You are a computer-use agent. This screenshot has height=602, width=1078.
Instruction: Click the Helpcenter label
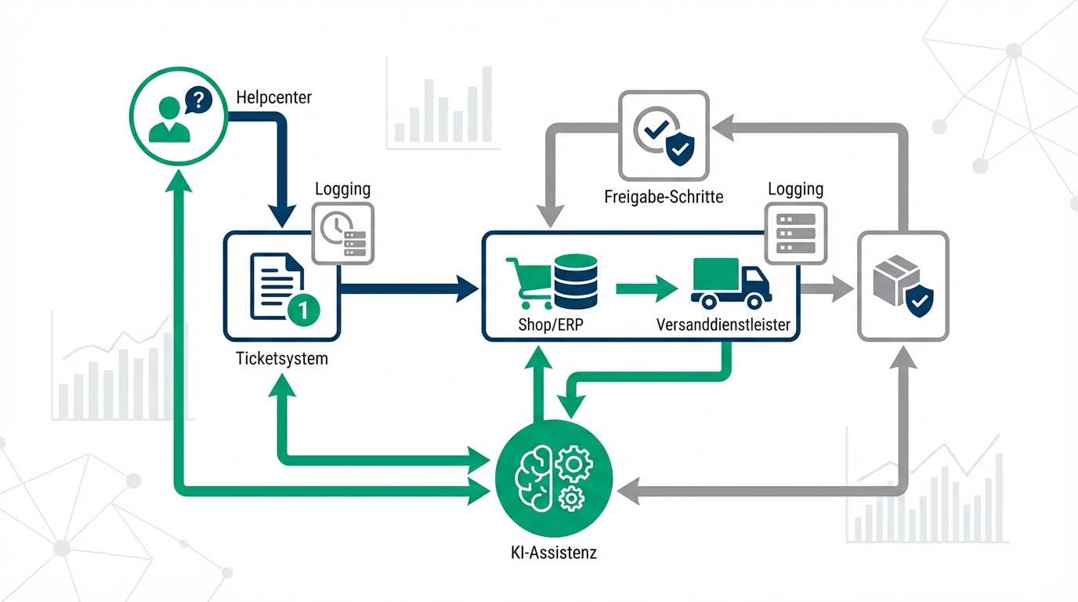273,98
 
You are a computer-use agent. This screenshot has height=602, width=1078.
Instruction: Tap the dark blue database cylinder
575,281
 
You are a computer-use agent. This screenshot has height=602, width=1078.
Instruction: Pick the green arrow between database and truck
646,288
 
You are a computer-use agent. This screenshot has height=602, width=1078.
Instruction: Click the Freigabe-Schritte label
664,196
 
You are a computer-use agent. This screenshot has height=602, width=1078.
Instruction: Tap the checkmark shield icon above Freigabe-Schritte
664,136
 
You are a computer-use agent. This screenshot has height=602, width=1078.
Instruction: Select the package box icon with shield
903,287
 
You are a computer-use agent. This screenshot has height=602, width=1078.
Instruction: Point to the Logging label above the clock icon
342,189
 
